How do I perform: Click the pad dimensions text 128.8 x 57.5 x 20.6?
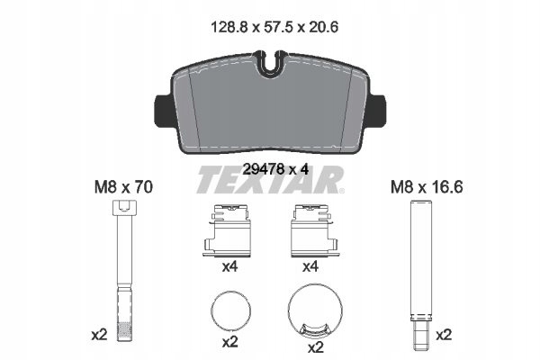(274, 27)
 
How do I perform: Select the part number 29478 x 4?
(275, 169)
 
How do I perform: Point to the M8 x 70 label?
(123, 187)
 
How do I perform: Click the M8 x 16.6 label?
(427, 187)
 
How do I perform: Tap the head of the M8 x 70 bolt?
(124, 208)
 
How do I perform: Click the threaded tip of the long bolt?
(124, 331)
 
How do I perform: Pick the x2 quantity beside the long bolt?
(99, 335)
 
